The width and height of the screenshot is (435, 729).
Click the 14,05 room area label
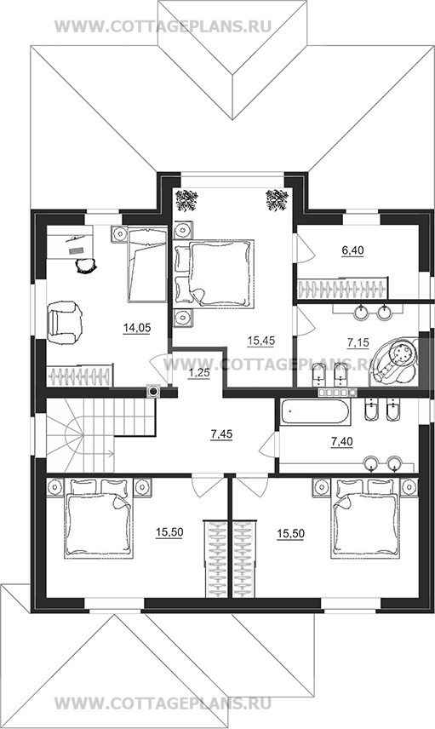[137, 328]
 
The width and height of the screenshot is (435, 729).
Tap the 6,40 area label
[352, 250]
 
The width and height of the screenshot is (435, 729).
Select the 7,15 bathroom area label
[358, 343]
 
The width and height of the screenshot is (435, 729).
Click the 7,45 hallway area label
[221, 434]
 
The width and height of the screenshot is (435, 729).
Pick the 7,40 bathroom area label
[341, 442]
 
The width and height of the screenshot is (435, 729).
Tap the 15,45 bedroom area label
[261, 342]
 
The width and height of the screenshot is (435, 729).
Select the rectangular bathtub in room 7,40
[316, 411]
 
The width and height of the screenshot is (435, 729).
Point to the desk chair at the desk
[86, 265]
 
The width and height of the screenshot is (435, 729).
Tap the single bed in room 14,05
[147, 264]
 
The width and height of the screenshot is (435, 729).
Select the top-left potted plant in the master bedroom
[186, 200]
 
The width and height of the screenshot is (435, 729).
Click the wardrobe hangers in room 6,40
[342, 288]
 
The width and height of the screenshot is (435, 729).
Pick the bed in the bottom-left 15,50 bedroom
[100, 519]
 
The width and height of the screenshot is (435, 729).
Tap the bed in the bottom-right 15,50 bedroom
[365, 519]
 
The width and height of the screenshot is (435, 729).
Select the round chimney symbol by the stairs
[153, 392]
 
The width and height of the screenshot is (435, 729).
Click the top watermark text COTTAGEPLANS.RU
[163, 26]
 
